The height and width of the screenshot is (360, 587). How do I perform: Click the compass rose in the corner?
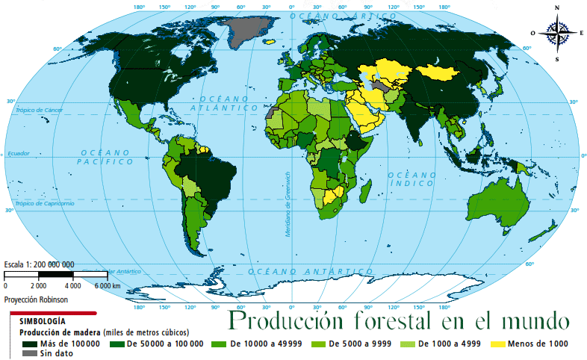click(x=556, y=33)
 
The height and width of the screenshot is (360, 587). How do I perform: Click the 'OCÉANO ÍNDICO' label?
click(x=411, y=179)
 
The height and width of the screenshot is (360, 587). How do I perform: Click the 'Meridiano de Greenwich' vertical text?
click(x=287, y=205)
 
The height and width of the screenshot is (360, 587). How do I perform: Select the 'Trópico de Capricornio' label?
click(x=45, y=203)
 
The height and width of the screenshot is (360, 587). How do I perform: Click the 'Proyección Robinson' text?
click(x=36, y=299)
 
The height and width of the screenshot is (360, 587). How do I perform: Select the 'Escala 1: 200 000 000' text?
click(x=39, y=264)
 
